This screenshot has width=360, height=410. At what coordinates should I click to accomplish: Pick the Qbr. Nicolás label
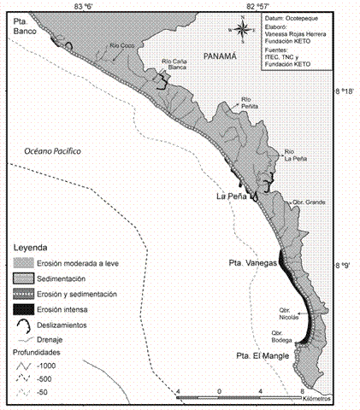point(291,312)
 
